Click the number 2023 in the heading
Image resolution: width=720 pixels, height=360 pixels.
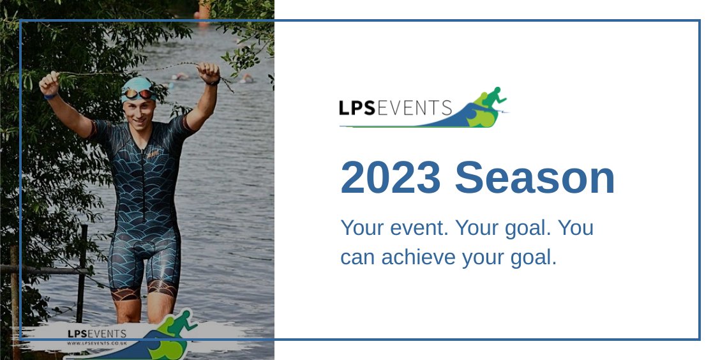[x=391, y=178]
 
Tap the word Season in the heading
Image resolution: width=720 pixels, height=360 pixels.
[x=535, y=178]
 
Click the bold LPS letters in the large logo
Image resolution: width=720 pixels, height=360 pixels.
[x=357, y=108]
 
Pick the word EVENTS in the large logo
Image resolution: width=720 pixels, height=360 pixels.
[x=415, y=108]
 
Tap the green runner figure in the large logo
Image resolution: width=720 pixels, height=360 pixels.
[x=492, y=99]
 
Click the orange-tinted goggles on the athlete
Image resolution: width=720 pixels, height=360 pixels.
[x=138, y=94]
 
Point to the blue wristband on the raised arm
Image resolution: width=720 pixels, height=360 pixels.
[x=51, y=96]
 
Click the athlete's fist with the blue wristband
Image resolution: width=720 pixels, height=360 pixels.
[x=49, y=82]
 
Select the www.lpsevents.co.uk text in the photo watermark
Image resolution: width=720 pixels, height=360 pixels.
[x=96, y=343]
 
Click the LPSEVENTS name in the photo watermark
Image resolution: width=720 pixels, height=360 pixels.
[x=96, y=334]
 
